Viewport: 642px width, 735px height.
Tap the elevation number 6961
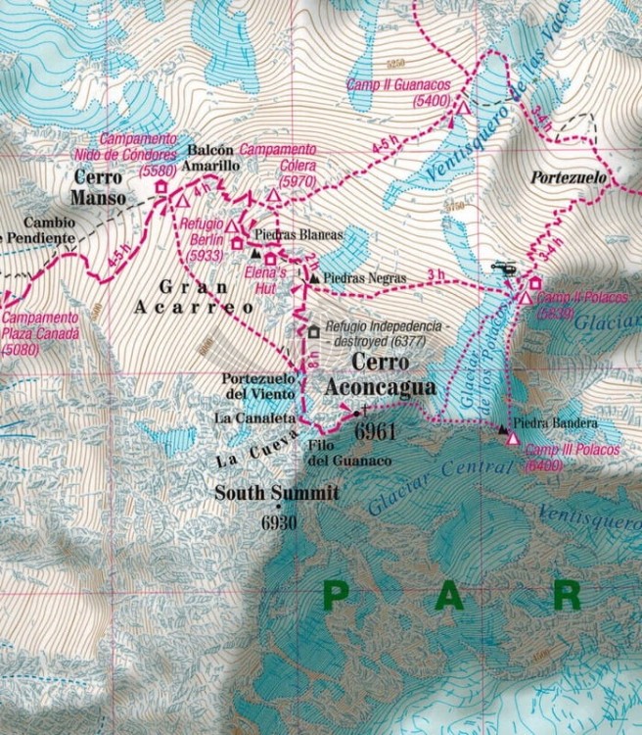click(x=375, y=430)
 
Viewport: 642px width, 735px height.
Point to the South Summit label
click(x=277, y=493)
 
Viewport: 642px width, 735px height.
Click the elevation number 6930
click(x=278, y=522)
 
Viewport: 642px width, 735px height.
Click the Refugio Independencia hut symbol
click(x=313, y=332)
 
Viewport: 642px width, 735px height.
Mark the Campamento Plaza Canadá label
click(x=40, y=333)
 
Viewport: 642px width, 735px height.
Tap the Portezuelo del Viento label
click(x=258, y=386)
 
